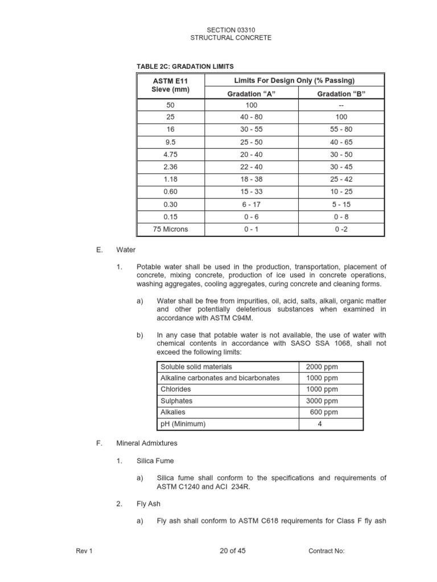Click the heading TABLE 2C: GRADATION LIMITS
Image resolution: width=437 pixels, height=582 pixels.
point(185,67)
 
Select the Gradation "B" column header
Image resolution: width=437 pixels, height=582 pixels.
point(341,94)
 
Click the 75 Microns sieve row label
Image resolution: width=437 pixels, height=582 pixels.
point(171,229)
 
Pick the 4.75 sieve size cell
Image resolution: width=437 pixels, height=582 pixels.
point(171,155)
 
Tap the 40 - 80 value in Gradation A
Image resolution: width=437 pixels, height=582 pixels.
point(252,117)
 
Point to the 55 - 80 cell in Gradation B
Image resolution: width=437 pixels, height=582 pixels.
point(341,130)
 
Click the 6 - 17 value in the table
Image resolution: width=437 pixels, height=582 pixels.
point(252,204)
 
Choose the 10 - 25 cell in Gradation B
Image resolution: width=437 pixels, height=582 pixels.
point(341,192)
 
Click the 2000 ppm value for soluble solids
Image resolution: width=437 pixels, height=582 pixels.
point(321,367)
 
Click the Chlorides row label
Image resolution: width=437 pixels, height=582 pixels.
point(176,389)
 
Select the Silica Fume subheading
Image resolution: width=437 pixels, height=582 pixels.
point(154,460)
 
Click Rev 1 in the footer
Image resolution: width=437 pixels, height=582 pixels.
point(84,551)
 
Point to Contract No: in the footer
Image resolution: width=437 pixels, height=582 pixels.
point(327,551)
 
